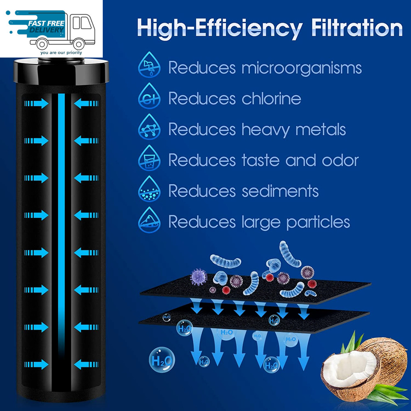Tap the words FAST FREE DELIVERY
pyautogui.click(x=46, y=27)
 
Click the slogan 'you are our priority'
pyautogui.click(x=61, y=53)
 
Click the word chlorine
pyautogui.click(x=271, y=99)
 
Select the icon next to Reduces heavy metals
pyautogui.click(x=150, y=129)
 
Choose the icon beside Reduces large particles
pyautogui.click(x=150, y=222)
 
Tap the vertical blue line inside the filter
pyautogui.click(x=62, y=205)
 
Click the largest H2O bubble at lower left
pyautogui.click(x=162, y=360)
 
